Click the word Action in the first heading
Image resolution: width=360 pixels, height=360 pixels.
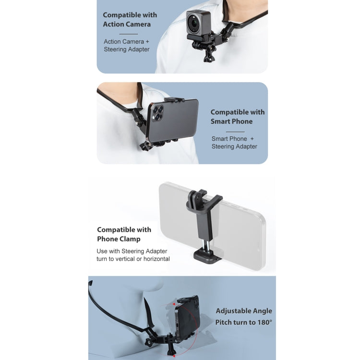112,24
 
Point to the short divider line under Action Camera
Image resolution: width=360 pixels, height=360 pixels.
129,34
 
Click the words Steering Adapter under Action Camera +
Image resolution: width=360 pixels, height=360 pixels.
127,49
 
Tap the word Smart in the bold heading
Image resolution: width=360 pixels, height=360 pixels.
220,121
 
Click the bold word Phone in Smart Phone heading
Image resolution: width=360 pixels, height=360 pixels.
242,121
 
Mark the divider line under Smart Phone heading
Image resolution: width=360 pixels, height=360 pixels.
235,132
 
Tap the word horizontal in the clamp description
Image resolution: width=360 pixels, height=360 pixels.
156,259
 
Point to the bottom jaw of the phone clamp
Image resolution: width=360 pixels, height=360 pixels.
208,256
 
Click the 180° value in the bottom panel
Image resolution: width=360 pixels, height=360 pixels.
264,323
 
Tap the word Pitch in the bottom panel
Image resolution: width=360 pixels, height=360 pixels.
223,323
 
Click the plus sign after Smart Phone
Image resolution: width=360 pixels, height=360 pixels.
252,139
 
